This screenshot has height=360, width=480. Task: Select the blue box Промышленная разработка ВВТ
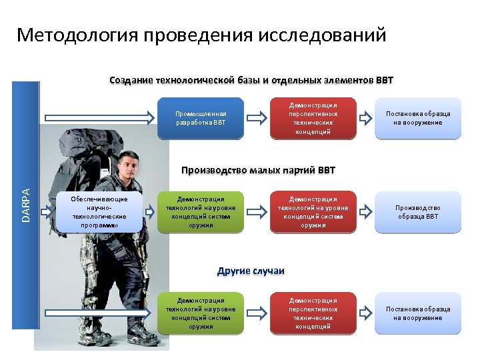point(201,118)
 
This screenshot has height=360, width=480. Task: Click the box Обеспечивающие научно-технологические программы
point(99,211)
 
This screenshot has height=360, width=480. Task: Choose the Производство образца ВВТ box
point(418,212)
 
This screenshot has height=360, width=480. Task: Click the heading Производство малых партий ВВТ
point(258,170)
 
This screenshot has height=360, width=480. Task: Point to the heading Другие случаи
point(251,271)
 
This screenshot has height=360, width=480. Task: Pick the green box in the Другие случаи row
point(201,313)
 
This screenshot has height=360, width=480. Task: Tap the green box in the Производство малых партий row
point(201,212)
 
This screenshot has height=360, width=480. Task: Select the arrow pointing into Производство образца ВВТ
point(365,212)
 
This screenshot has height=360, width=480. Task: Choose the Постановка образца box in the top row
point(418,118)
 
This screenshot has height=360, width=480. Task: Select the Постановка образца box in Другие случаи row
point(418,313)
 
